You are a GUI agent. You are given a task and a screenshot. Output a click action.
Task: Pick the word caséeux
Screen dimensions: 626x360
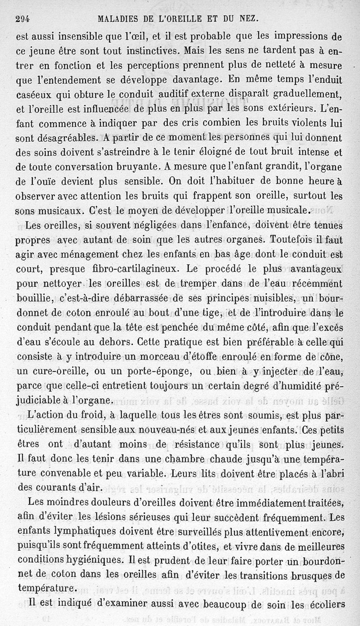pyautogui.click(x=33, y=95)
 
